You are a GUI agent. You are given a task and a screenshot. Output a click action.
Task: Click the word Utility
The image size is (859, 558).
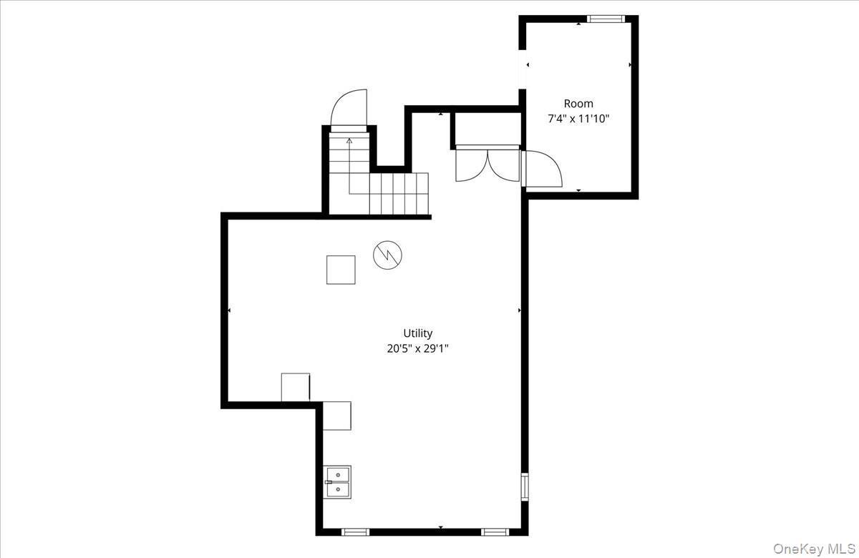[417, 333]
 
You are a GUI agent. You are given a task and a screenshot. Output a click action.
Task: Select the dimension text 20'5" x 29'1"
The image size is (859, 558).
[417, 349]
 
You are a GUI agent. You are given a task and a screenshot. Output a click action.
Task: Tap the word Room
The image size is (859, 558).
[578, 104]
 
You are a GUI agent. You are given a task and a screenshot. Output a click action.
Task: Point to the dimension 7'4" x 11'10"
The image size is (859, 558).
[578, 119]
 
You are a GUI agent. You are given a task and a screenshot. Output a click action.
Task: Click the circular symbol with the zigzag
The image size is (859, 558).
[387, 254]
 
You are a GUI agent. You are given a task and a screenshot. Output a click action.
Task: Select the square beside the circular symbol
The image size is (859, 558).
[341, 270]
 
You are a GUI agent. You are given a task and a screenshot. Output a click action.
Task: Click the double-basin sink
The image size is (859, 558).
[337, 481]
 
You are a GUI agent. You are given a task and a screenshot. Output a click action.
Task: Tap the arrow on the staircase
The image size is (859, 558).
[349, 141]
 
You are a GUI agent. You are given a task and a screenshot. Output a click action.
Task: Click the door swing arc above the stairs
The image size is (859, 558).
[349, 109]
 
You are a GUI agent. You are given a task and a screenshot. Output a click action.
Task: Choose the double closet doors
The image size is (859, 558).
[487, 165]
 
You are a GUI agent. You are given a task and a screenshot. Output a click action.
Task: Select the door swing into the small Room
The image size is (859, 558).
[542, 169]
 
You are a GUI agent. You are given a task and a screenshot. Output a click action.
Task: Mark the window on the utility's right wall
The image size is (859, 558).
[525, 486]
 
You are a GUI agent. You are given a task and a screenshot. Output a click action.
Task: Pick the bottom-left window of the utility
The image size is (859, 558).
[355, 532]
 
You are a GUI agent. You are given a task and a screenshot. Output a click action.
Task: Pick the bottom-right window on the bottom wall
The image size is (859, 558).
[493, 532]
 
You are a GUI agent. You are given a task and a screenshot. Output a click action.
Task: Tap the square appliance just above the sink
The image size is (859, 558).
[337, 416]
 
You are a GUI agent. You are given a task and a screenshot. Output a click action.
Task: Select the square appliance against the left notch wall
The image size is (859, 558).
[296, 387]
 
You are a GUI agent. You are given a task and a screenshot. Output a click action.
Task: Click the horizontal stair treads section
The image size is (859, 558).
[399, 193]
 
